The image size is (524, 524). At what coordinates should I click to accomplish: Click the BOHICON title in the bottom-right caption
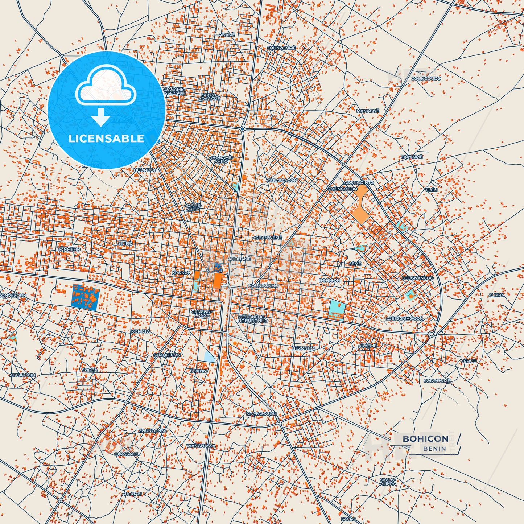pyautogui.click(x=425, y=438)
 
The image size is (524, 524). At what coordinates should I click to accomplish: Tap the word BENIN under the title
pyautogui.click(x=434, y=449)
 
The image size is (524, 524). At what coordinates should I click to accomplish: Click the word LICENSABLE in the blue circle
pyautogui.click(x=106, y=138)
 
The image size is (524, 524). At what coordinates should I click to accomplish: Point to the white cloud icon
pyautogui.click(x=106, y=86)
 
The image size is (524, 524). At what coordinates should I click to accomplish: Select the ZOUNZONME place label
pyautogui.click(x=281, y=48)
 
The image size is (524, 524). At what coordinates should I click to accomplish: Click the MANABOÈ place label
pyautogui.click(x=367, y=111)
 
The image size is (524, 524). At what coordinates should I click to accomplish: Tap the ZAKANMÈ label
pyautogui.click(x=412, y=157)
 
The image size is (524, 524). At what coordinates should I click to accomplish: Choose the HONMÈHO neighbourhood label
pyautogui.click(x=69, y=249)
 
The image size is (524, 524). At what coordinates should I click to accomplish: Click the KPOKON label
pyautogui.click(x=181, y=272)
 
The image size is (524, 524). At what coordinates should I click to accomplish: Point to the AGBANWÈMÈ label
pyautogui.click(x=267, y=238)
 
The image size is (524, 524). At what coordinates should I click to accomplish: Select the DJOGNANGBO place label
pyautogui.click(x=417, y=278)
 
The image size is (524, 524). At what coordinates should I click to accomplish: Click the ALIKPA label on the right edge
pyautogui.click(x=496, y=295)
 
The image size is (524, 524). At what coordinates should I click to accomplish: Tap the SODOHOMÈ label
pyautogui.click(x=437, y=381)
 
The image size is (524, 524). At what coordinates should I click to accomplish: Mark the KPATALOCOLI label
pyautogui.click(x=261, y=413)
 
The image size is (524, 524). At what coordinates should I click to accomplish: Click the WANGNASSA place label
pyautogui.click(x=201, y=446)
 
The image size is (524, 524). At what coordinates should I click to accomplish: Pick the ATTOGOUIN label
pyautogui.click(x=22, y=375)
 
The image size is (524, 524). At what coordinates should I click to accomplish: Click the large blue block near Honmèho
pyautogui.click(x=85, y=297)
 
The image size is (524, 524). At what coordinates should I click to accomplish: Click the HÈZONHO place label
pyautogui.click(x=303, y=348)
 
